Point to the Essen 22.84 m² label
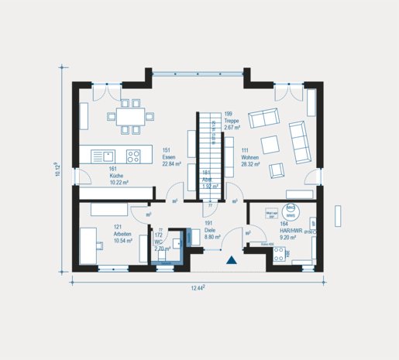pos(171,158)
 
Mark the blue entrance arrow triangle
pos(231,262)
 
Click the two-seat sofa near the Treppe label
pos(267,119)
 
